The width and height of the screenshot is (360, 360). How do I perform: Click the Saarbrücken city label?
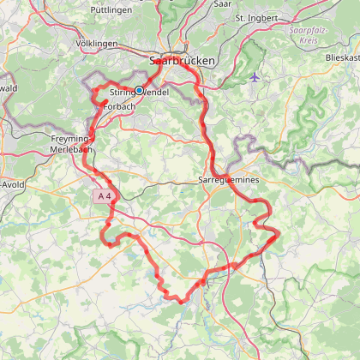(183, 62)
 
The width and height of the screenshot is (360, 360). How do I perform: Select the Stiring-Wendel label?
(139, 91)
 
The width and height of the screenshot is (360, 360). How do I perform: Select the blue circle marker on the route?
(139, 90)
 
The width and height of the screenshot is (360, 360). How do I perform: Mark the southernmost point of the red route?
(182, 302)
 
